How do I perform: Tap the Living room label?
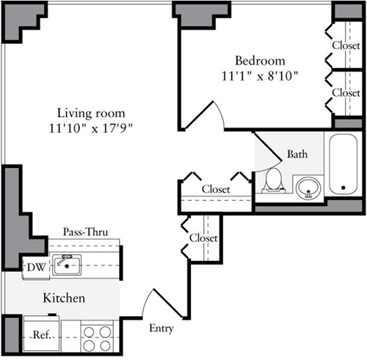click(91, 114)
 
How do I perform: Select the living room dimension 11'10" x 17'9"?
click(91, 128)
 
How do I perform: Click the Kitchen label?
click(65, 298)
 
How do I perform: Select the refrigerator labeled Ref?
click(41, 336)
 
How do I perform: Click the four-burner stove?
click(97, 338)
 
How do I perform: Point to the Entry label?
click(161, 328)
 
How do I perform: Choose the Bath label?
click(297, 155)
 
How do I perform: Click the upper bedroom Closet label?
click(345, 44)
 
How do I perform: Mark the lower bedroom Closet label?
click(345, 93)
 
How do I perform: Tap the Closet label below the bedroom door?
click(215, 189)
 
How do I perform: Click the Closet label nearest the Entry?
click(203, 238)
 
